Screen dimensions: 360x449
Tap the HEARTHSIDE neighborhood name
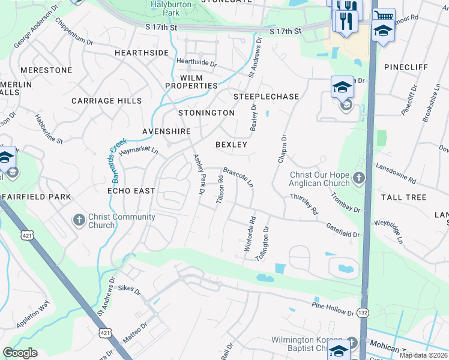click(142, 53)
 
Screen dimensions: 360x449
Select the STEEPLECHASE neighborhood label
click(266, 96)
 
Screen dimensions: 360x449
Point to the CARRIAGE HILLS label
click(106, 101)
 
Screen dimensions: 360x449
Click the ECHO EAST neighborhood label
click(131, 190)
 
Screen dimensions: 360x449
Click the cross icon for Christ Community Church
click(79, 220)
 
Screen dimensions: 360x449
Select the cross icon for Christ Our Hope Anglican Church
click(358, 178)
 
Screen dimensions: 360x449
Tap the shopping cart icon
click(384, 14)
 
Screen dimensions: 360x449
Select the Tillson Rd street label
click(220, 188)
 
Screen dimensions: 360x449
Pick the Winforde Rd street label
click(250, 233)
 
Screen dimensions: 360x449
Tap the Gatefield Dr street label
click(343, 229)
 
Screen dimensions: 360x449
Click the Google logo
click(20, 352)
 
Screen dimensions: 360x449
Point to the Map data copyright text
click(424, 355)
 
